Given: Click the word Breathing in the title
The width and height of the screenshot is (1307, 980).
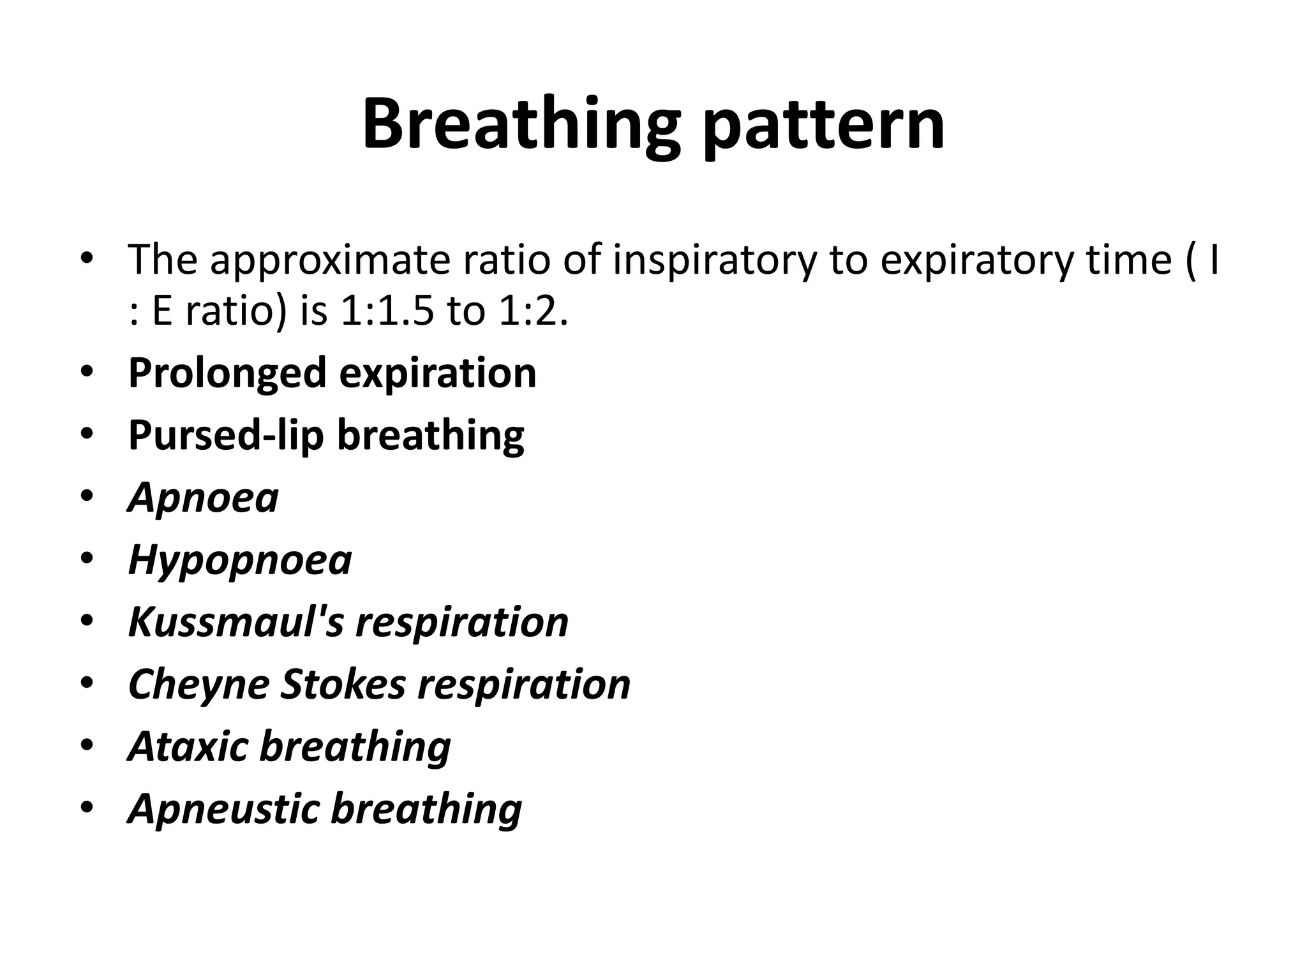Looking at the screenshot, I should click(x=521, y=125).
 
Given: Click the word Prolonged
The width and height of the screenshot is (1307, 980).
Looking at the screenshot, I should click(x=227, y=373).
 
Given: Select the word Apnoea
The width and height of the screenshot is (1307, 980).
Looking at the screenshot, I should click(x=204, y=498).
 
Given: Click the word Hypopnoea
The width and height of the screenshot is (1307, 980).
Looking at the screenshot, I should click(x=240, y=560).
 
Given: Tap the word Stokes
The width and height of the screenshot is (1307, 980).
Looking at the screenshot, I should click(x=343, y=684).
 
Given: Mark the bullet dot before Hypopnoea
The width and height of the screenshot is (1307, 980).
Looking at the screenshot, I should click(x=87, y=559).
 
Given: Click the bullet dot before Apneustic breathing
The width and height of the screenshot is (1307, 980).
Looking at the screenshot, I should click(x=87, y=807).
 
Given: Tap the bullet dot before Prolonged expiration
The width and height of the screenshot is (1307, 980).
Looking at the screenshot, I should click(x=87, y=372).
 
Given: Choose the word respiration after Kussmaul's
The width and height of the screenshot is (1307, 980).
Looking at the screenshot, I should click(x=462, y=622).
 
